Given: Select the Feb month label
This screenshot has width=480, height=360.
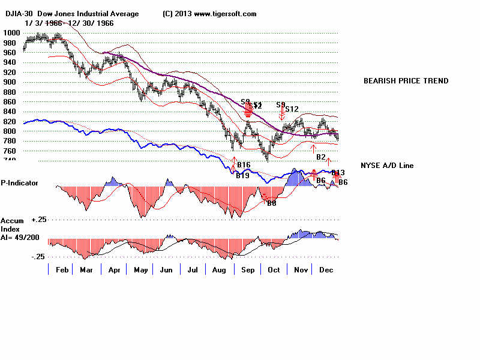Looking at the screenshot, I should (62, 271).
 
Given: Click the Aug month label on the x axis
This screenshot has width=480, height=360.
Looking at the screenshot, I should (218, 271).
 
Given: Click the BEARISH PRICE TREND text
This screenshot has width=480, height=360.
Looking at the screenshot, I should (406, 81).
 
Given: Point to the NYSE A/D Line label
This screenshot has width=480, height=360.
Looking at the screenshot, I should (387, 166).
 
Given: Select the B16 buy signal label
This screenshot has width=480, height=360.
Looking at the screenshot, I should (244, 165).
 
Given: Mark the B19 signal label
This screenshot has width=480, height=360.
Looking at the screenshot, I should (242, 176).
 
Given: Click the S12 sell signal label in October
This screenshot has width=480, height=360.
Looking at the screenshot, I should (292, 109).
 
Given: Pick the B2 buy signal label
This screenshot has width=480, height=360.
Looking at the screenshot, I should (321, 157).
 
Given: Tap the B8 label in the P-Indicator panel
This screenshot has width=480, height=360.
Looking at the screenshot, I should (271, 203).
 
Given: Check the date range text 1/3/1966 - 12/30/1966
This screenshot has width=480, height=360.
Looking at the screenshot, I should (70, 23).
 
